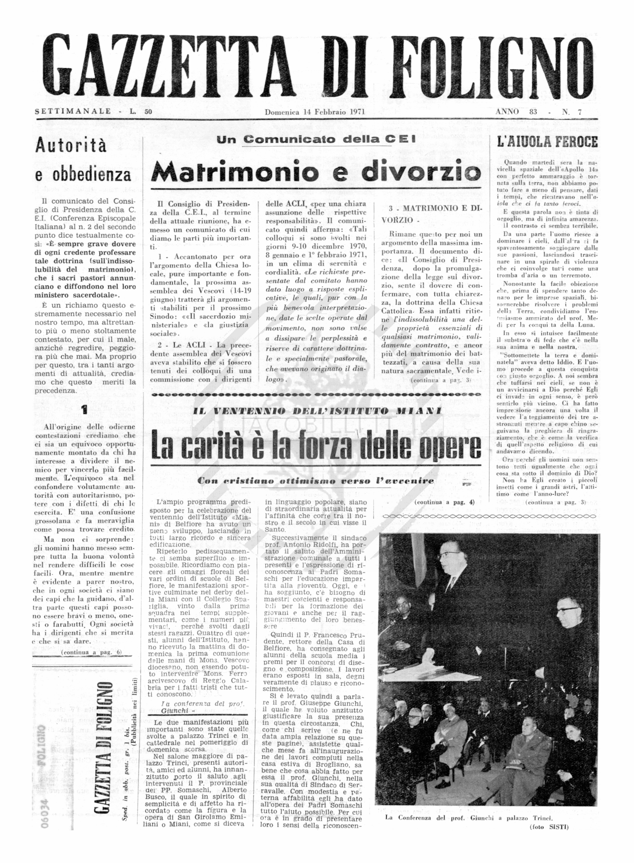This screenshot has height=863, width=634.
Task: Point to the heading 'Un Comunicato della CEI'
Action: pos(316,140)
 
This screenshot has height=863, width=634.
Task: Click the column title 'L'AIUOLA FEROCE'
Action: pos(547,142)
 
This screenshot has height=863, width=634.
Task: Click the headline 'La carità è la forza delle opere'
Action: pos(316,446)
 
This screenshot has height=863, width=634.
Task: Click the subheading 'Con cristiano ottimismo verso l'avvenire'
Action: pos(316,481)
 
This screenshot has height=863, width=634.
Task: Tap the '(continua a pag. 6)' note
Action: pos(91,652)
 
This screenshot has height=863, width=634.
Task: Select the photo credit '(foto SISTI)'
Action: pos(549,827)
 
